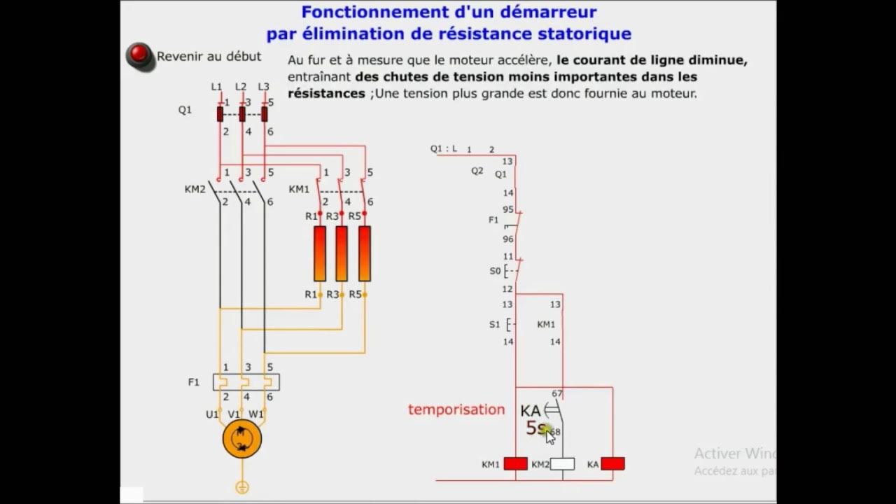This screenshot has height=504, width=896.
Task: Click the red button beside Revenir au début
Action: pyautogui.click(x=139, y=55)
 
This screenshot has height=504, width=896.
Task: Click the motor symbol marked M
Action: pyautogui.click(x=241, y=439)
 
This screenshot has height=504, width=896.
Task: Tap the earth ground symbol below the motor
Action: pyautogui.click(x=241, y=487)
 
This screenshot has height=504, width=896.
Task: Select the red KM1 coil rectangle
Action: pyautogui.click(x=516, y=463)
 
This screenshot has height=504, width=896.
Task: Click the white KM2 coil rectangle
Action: pyautogui.click(x=563, y=463)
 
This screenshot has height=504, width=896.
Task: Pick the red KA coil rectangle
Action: pyautogui.click(x=612, y=463)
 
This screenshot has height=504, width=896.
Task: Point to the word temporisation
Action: pyautogui.click(x=456, y=409)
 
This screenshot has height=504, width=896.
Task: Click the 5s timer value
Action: pyautogui.click(x=535, y=428)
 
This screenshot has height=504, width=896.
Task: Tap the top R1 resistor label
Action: pyautogui.click(x=311, y=216)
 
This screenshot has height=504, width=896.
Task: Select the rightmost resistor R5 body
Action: pyautogui.click(x=364, y=253)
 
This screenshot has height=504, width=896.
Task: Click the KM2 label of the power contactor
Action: pyautogui.click(x=195, y=189)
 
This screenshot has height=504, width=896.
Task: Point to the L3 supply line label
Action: pyautogui.click(x=263, y=87)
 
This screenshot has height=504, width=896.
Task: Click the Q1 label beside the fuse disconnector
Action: pyautogui.click(x=185, y=110)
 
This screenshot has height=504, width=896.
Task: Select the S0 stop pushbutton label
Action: pyautogui.click(x=495, y=271)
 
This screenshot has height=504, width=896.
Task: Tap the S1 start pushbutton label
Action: pyautogui.click(x=495, y=324)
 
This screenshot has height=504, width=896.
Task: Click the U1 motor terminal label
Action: pyautogui.click(x=212, y=414)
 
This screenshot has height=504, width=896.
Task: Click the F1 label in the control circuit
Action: pyautogui.click(x=493, y=220)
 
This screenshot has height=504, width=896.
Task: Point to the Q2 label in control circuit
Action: pyautogui.click(x=477, y=170)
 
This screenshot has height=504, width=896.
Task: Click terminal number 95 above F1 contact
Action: pyautogui.click(x=507, y=209)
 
